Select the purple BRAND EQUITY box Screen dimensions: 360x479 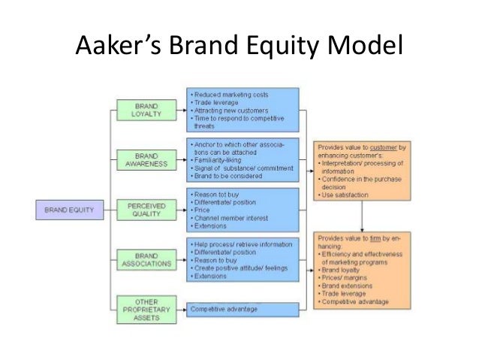pos(67,210)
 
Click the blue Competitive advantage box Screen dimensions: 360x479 pos(243,308)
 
